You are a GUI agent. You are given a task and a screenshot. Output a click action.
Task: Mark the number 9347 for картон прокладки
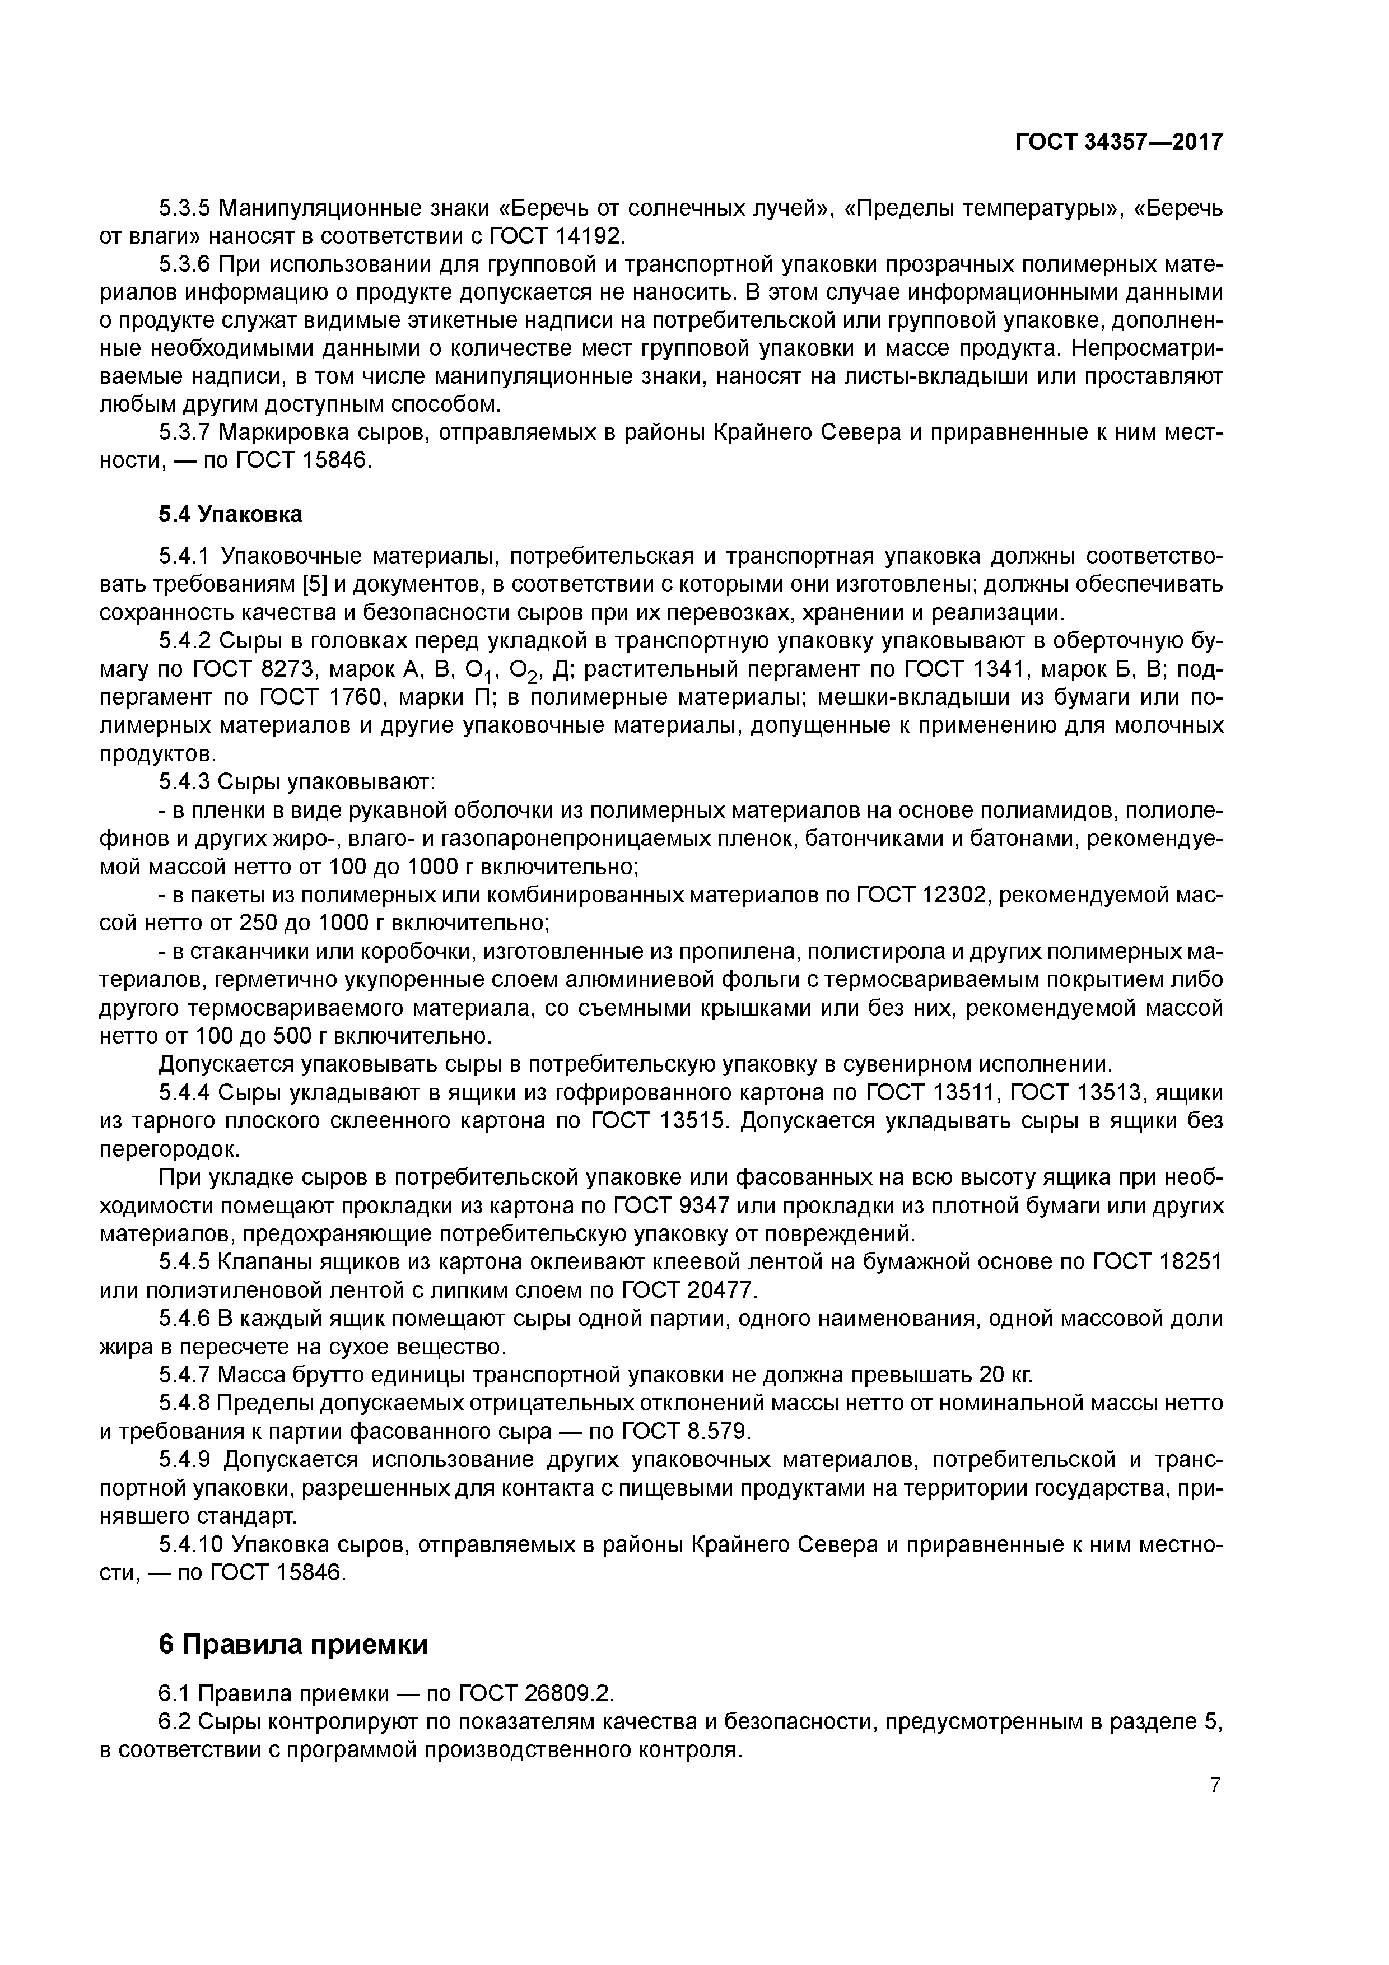(696, 1206)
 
